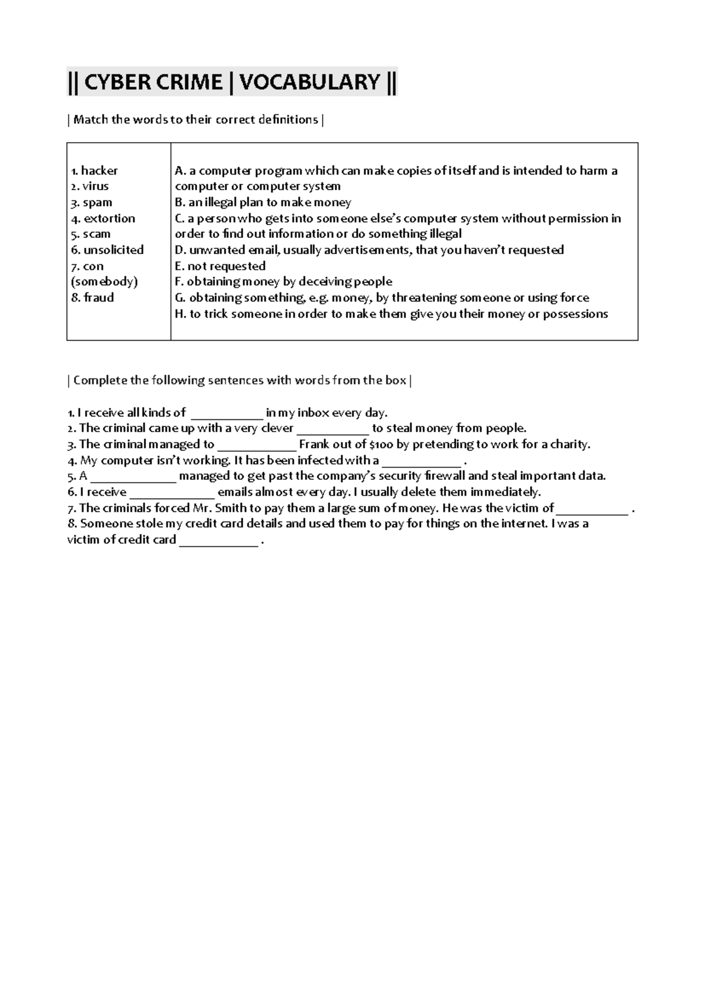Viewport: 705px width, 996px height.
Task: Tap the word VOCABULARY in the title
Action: (x=310, y=82)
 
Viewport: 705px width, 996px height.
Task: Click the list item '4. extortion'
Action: (x=103, y=218)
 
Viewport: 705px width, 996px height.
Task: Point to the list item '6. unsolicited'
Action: (x=107, y=250)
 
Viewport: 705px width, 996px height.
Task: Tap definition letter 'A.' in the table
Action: (x=180, y=171)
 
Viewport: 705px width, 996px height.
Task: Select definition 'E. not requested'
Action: (x=220, y=266)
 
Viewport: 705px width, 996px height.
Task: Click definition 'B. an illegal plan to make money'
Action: (x=263, y=203)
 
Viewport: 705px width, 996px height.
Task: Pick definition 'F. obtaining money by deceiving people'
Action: (x=283, y=282)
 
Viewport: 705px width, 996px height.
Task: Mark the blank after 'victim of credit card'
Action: (x=218, y=541)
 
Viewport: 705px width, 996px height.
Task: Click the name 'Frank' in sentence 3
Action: (x=314, y=445)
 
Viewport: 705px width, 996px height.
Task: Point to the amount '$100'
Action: (x=381, y=445)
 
